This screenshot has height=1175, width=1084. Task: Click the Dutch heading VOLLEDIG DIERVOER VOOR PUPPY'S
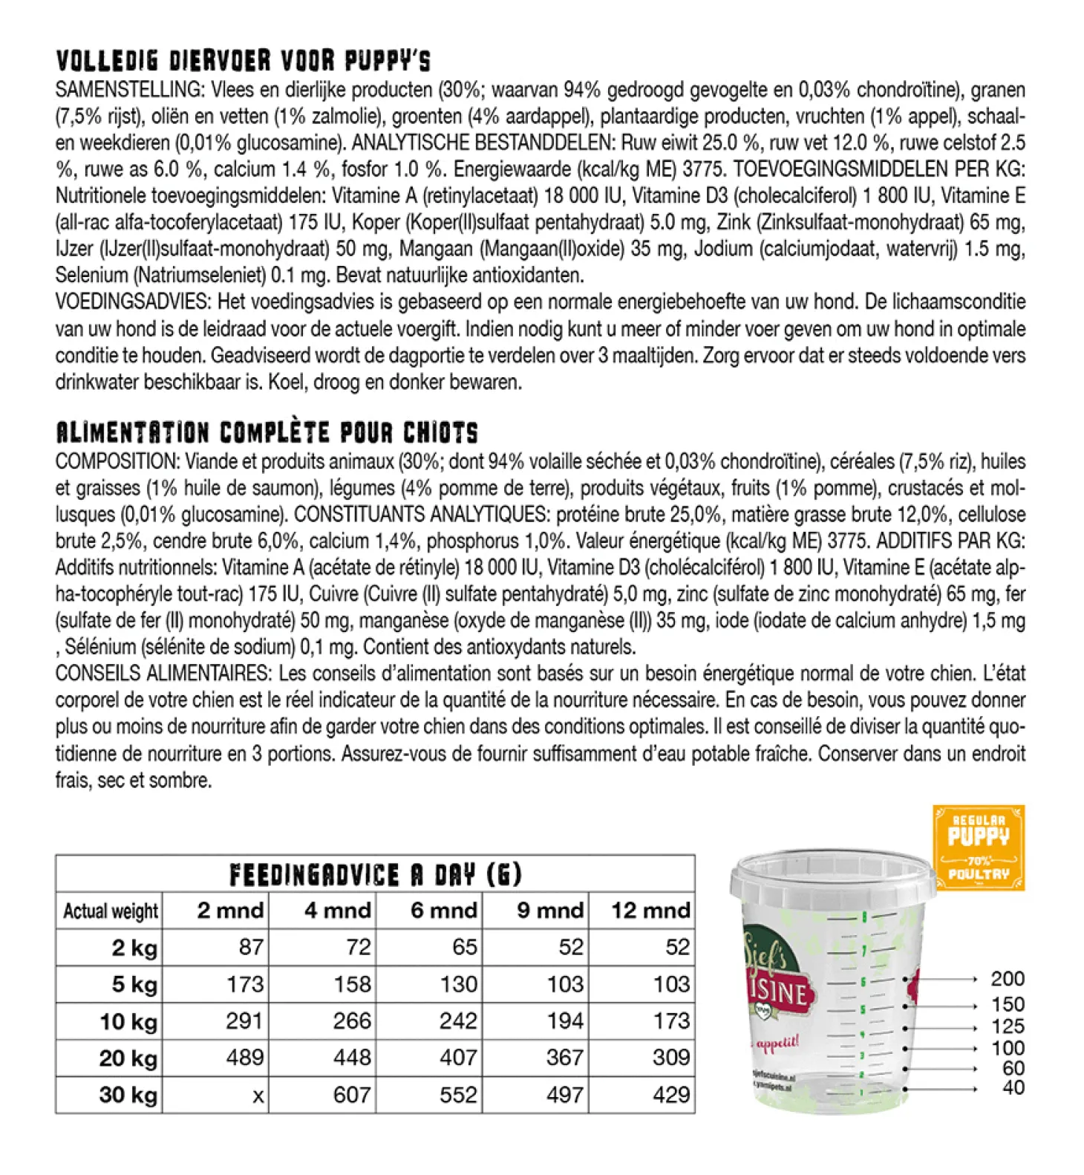243,60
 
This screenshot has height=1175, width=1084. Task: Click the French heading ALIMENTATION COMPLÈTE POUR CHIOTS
267,432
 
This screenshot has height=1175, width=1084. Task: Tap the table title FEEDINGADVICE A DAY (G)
375,874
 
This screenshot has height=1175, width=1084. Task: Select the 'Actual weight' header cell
110,911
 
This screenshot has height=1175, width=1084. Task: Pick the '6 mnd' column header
443,911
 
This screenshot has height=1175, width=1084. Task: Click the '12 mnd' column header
650,911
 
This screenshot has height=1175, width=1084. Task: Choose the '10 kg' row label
128,1021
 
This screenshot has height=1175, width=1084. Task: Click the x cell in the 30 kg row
258,1096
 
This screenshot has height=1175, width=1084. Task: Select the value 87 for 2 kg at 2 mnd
251,948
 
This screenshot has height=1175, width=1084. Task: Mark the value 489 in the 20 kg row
244,1058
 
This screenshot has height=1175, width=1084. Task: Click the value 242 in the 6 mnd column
457,1021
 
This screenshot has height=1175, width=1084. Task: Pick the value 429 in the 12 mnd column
671,1095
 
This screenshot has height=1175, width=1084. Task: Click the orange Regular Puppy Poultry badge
979,847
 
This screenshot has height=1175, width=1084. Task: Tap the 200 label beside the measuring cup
1007,979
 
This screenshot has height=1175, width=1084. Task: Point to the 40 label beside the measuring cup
1013,1088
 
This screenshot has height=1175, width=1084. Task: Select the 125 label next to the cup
1007,1027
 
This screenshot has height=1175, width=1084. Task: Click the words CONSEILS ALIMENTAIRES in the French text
162,674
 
